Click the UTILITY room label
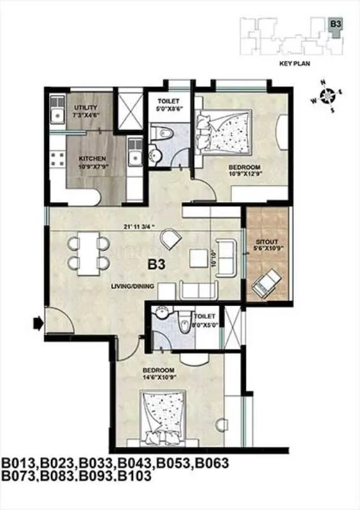pyautogui.click(x=85, y=107)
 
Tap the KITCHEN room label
pyautogui.click(x=92, y=158)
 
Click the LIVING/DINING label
pyautogui.click(x=132, y=287)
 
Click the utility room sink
pyautogui.click(x=57, y=115)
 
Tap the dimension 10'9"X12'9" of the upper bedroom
pyautogui.click(x=243, y=175)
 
